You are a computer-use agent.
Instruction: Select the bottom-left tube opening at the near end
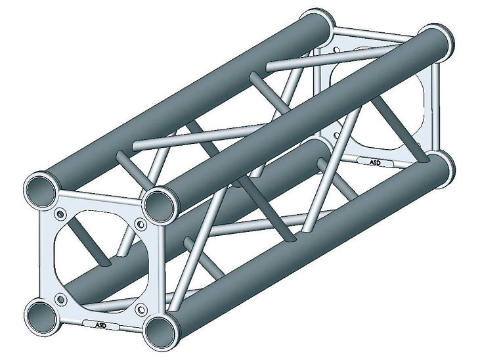point(42,315)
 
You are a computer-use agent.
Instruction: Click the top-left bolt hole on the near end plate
point(60,214)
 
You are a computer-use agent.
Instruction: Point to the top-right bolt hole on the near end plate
point(141,225)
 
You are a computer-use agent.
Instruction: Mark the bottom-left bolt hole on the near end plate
point(61,299)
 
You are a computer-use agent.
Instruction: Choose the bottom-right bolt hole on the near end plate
point(141,309)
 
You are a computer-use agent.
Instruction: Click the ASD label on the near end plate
point(100,325)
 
